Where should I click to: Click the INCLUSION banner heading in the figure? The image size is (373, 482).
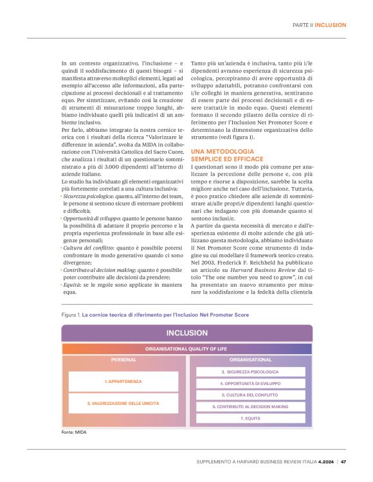(x=186, y=333)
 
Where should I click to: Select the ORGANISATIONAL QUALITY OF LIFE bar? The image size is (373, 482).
(x=186, y=348)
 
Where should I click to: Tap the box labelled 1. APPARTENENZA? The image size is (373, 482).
(x=123, y=382)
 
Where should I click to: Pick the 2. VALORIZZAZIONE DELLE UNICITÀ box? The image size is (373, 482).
(x=123, y=403)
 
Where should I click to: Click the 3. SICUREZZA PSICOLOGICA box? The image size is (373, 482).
(x=250, y=371)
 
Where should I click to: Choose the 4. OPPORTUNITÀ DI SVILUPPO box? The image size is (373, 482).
(x=250, y=383)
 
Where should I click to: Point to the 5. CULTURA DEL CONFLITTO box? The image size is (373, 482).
(x=250, y=395)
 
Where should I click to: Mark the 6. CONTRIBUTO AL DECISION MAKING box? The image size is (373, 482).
(x=250, y=406)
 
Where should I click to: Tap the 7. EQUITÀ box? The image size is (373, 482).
(x=250, y=418)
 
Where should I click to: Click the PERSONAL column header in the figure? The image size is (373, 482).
(x=123, y=360)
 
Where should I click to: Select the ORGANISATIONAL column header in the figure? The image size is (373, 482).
(x=250, y=360)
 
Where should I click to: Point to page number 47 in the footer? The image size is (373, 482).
(x=343, y=461)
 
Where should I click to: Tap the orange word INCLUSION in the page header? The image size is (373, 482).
(x=331, y=25)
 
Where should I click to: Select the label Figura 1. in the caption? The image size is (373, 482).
(x=70, y=315)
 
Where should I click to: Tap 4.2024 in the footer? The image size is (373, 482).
(x=323, y=461)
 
